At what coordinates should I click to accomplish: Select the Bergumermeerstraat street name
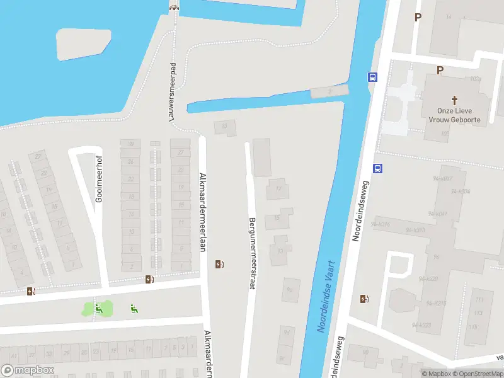click(252, 253)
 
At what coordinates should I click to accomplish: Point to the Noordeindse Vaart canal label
click(326, 296)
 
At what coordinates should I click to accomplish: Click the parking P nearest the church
click(440, 71)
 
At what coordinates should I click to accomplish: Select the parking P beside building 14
click(417, 17)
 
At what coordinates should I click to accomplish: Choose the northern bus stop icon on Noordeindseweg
click(372, 77)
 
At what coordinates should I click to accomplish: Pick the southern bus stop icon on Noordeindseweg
click(377, 168)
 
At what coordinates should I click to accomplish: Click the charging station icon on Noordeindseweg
click(364, 299)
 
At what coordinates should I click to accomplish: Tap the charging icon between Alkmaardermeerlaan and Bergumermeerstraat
click(219, 264)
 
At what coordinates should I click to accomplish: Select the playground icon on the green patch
click(98, 308)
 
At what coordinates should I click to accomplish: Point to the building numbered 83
click(224, 127)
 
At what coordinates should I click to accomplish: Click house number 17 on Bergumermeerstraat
click(278, 188)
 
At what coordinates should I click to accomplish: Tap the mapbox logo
click(26, 370)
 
